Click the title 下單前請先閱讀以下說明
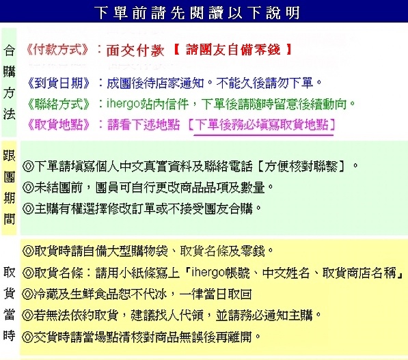(197, 13)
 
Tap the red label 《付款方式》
(57, 49)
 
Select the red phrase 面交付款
(135, 50)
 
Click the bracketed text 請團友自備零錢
(233, 49)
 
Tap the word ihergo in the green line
(123, 104)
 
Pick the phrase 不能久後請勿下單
(264, 83)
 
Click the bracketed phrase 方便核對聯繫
(301, 166)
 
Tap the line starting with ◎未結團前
(148, 187)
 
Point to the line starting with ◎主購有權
(141, 208)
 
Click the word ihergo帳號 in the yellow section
(221, 273)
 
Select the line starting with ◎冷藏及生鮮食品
(137, 294)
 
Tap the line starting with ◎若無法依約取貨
(172, 316)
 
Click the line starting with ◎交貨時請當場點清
(141, 337)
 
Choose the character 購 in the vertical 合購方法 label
(9, 72)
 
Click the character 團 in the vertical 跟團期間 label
(9, 177)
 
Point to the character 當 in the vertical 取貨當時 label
(9, 314)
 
